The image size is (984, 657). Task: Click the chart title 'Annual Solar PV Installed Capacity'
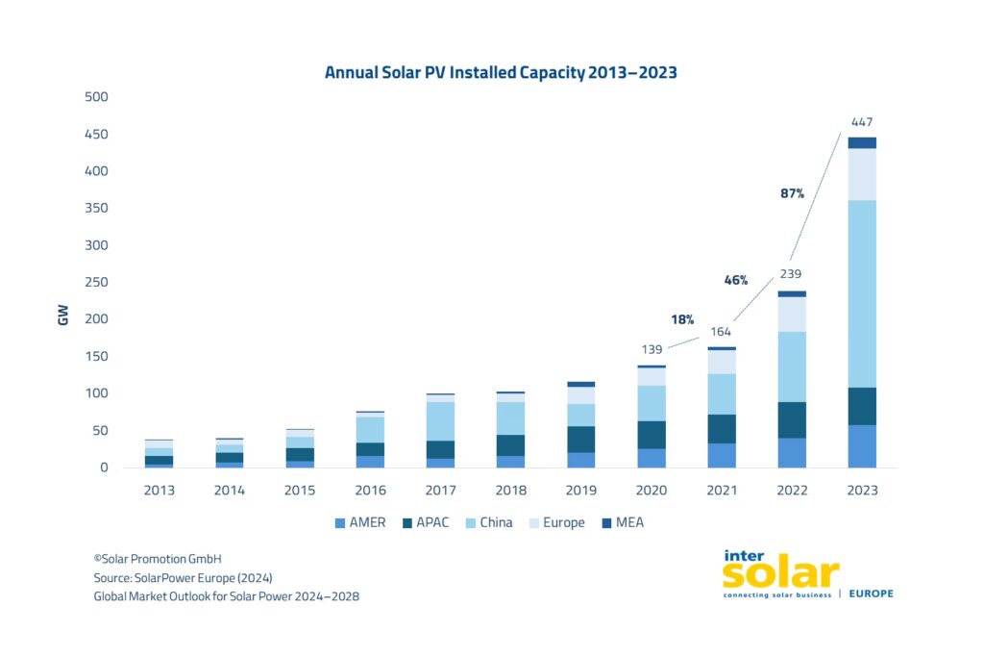(x=501, y=73)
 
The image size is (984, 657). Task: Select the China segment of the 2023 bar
(x=861, y=293)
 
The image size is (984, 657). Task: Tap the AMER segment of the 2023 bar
(x=861, y=446)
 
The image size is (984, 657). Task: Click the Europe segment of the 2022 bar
(x=792, y=315)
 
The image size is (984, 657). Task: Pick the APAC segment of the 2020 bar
(x=652, y=435)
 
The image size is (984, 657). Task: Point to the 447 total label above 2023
(x=861, y=122)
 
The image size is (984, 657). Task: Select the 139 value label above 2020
(x=652, y=347)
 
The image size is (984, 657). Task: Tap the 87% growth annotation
(x=792, y=193)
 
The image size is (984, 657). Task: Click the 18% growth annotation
(x=682, y=319)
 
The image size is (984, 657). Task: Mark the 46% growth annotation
(x=735, y=280)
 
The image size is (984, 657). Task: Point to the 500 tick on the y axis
(x=97, y=97)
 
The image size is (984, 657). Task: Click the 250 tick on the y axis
(x=97, y=283)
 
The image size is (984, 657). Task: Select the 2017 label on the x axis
(x=441, y=491)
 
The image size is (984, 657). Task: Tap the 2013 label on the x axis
(x=160, y=491)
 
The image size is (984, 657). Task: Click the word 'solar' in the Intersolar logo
(x=779, y=573)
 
